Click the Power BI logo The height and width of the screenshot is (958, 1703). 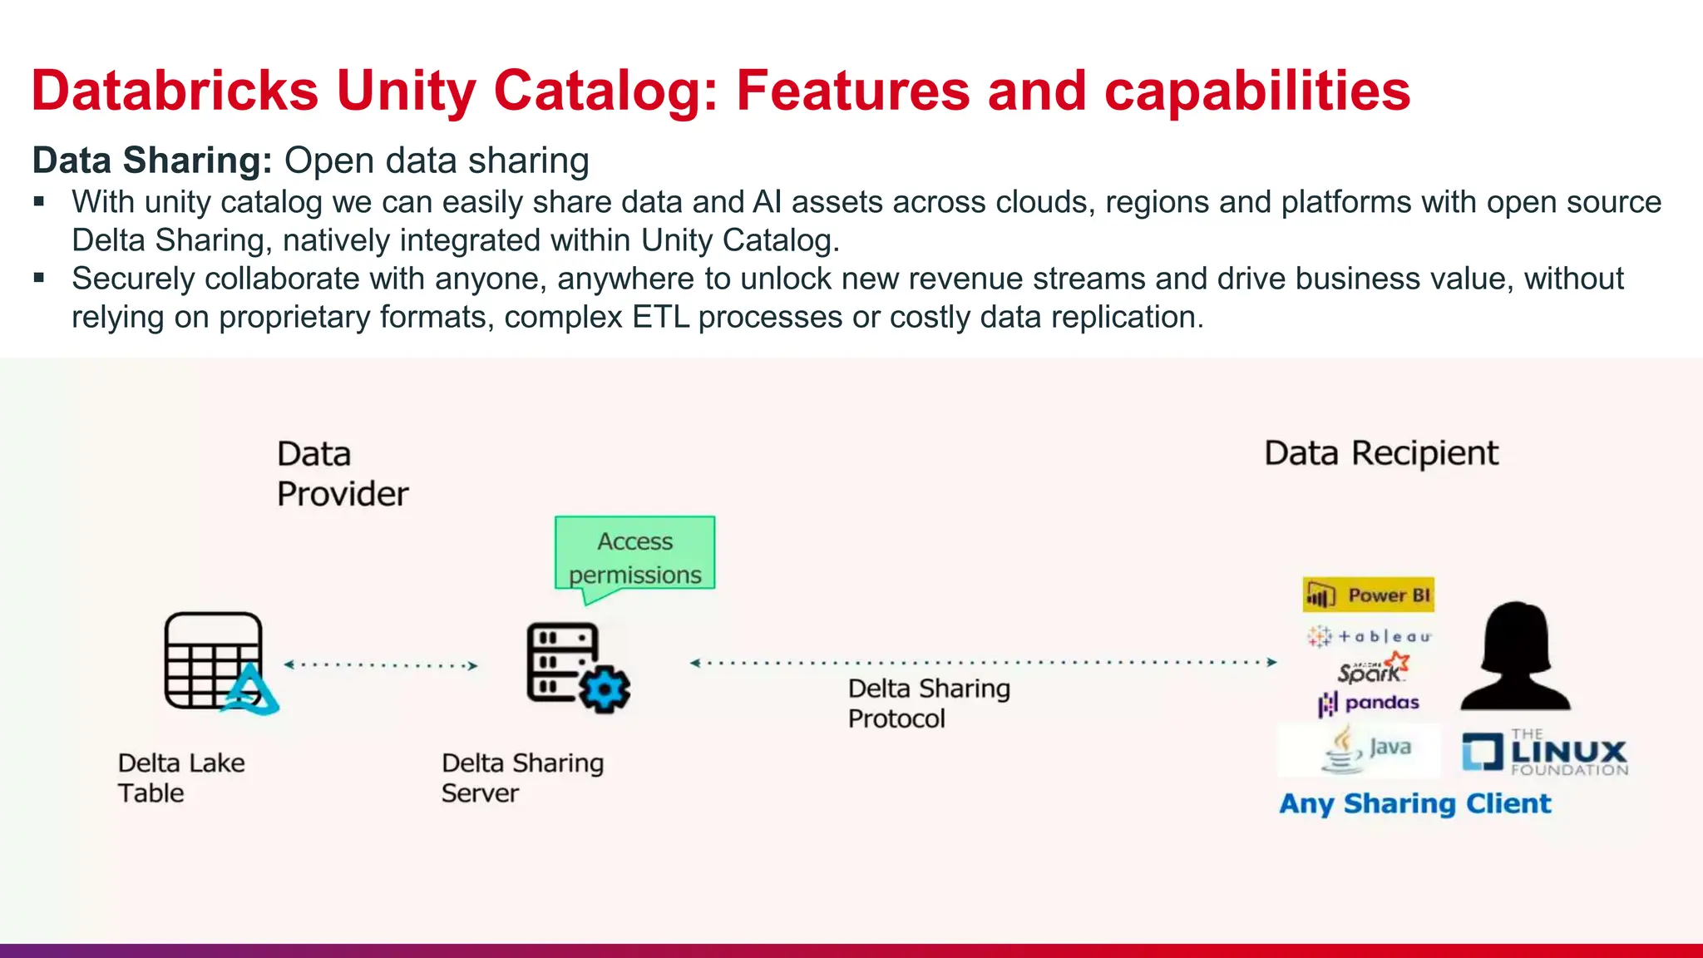(1368, 595)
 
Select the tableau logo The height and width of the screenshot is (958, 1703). (1369, 636)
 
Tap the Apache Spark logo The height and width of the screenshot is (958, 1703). (1373, 668)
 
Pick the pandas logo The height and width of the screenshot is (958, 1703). (1369, 704)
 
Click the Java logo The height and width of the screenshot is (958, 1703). (1365, 748)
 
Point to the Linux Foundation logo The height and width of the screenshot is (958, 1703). (1545, 753)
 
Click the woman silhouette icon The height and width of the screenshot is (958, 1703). (1515, 656)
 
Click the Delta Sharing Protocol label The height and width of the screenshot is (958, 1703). (928, 703)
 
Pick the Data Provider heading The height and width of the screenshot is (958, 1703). (342, 474)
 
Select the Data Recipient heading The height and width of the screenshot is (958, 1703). (1380, 453)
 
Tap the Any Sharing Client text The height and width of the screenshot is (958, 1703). (1414, 803)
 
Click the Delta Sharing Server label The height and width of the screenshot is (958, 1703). (521, 778)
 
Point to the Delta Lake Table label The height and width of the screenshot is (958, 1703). (180, 778)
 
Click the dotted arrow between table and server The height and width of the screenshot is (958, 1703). (381, 665)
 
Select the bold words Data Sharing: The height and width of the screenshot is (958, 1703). (152, 160)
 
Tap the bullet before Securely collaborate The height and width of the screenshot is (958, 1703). (39, 278)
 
